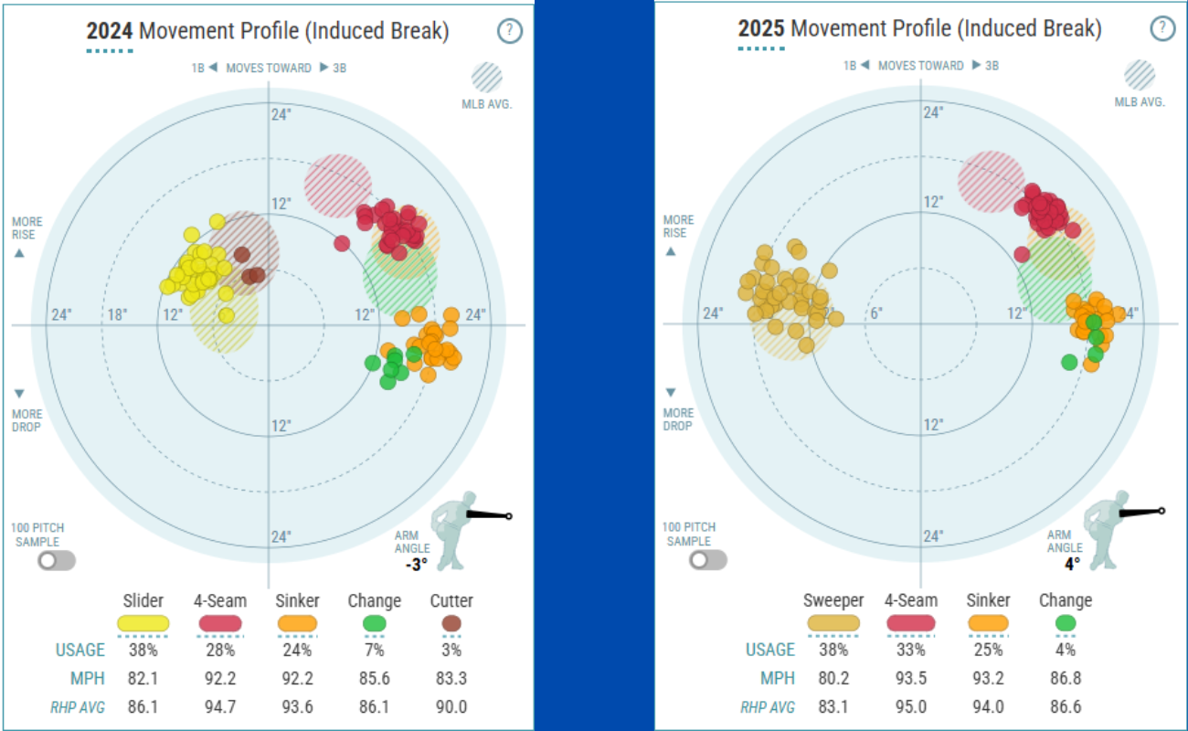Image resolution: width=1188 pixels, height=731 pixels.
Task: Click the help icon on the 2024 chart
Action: [510, 31]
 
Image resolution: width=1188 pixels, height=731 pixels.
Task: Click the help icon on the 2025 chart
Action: [1162, 28]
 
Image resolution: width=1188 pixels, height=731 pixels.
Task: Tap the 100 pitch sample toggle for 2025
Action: [708, 560]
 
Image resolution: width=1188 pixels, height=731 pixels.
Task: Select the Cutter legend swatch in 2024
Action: [451, 623]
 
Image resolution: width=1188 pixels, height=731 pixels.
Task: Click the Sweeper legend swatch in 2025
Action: [833, 623]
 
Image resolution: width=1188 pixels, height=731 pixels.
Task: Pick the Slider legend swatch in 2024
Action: [143, 623]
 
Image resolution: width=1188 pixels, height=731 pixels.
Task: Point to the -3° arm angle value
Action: [417, 565]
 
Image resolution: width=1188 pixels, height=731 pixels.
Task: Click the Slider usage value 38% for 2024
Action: [143, 651]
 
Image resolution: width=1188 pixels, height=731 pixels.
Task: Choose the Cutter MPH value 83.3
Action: [451, 678]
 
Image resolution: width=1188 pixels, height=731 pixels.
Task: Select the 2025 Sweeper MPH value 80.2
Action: [833, 678]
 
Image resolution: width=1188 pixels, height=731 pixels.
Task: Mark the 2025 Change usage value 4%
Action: [1066, 651]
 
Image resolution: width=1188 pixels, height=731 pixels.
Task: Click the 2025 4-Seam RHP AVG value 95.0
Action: [911, 706]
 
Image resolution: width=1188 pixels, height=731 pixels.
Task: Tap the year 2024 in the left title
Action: [110, 31]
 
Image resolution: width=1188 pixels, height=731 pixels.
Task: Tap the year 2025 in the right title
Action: [761, 29]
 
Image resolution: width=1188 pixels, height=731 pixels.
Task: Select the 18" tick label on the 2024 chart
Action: [118, 315]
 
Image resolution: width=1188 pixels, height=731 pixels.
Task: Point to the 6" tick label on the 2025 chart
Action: [876, 313]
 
